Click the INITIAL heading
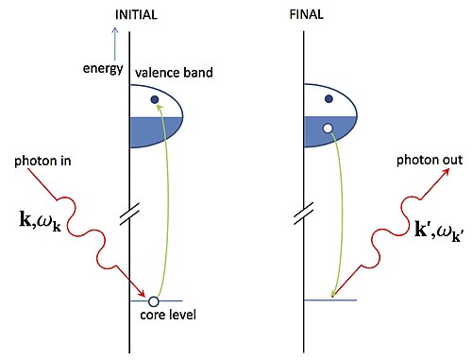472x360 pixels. (136, 15)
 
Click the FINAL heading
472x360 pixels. (307, 14)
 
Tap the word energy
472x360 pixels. (103, 69)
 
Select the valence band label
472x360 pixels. (174, 73)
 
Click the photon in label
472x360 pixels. (42, 161)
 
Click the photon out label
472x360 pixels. (430, 160)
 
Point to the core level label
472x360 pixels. (168, 315)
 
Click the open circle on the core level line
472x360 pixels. (153, 301)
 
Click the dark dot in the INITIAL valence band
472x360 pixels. (155, 99)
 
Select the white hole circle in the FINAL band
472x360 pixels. (328, 129)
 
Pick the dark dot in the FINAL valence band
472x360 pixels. (329, 99)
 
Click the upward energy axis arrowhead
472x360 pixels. (115, 30)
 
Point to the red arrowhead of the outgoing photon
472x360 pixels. (445, 173)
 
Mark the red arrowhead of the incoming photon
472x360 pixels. (142, 293)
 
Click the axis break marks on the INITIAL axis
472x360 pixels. (129, 214)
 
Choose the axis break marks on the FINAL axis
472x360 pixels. (304, 214)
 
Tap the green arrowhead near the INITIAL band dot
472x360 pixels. (160, 108)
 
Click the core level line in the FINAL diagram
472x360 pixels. (330, 300)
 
